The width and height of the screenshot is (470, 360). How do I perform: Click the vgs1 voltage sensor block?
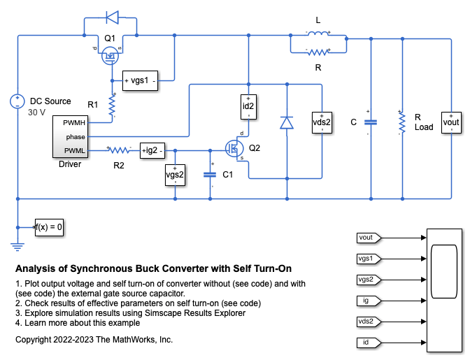141,81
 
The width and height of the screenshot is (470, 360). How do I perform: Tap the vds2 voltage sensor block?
322,122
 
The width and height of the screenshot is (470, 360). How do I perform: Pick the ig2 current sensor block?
152,149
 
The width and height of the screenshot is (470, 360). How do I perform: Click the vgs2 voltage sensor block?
175,174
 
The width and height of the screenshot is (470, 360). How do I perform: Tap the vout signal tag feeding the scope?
368,238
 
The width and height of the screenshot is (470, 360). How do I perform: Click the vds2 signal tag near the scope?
368,322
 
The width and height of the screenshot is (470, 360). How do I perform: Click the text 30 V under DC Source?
36,113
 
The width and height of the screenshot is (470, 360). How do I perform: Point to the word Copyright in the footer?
34,340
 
